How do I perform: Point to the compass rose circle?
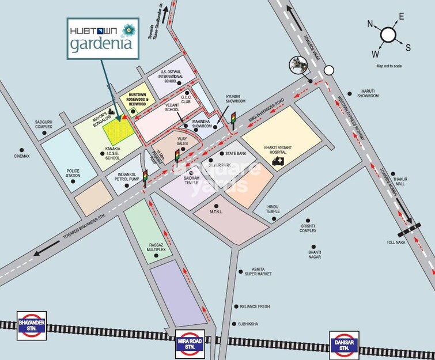tap(387, 36)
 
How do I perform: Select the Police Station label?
tap(73, 173)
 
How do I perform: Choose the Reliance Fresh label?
tap(255, 307)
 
